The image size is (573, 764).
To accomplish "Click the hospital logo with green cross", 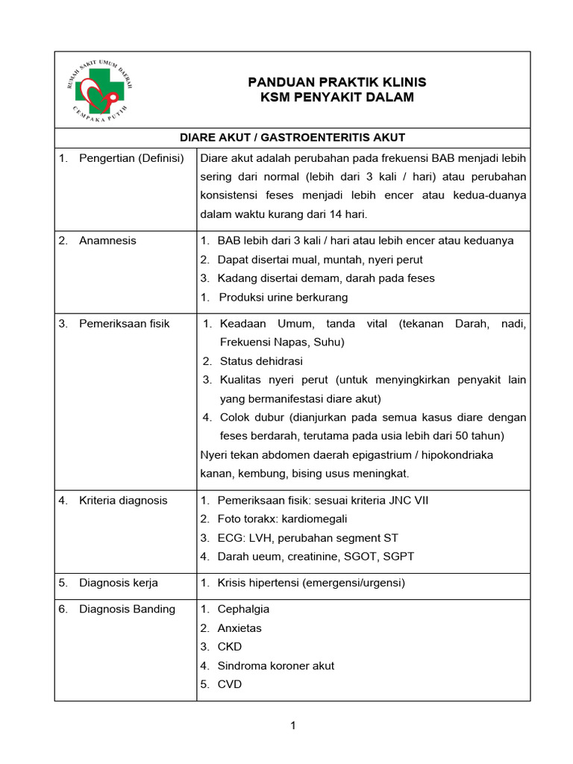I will click(100, 89).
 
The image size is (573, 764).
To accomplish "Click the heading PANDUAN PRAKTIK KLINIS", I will click(336, 82).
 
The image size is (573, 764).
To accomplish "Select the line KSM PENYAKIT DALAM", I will click(336, 98).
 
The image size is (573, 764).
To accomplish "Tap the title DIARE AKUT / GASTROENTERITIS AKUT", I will click(292, 137).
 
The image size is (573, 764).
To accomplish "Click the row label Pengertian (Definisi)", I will click(131, 157).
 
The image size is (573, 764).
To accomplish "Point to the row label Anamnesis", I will click(107, 240).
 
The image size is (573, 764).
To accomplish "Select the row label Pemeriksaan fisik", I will click(124, 323).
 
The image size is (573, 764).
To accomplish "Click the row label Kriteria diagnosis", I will click(123, 500).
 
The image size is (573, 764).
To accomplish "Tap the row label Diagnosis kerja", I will click(118, 583).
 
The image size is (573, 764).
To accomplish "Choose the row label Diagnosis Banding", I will click(127, 609).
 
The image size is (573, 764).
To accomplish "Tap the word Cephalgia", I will click(243, 609).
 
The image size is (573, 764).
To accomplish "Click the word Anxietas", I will click(239, 628).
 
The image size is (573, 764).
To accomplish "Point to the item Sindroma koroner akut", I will click(275, 666).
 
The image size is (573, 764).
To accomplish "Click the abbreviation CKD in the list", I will click(230, 647).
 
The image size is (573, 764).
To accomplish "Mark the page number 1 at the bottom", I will click(293, 726).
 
